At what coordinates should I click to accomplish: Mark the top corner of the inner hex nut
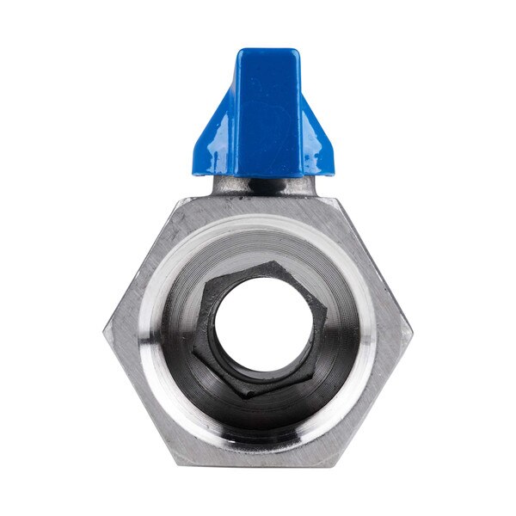click(273, 263)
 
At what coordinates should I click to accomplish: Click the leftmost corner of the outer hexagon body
click(107, 331)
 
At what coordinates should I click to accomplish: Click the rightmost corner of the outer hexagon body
click(410, 331)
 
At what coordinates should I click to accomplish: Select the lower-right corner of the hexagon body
click(335, 464)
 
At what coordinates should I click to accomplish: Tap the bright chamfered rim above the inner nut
click(258, 225)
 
